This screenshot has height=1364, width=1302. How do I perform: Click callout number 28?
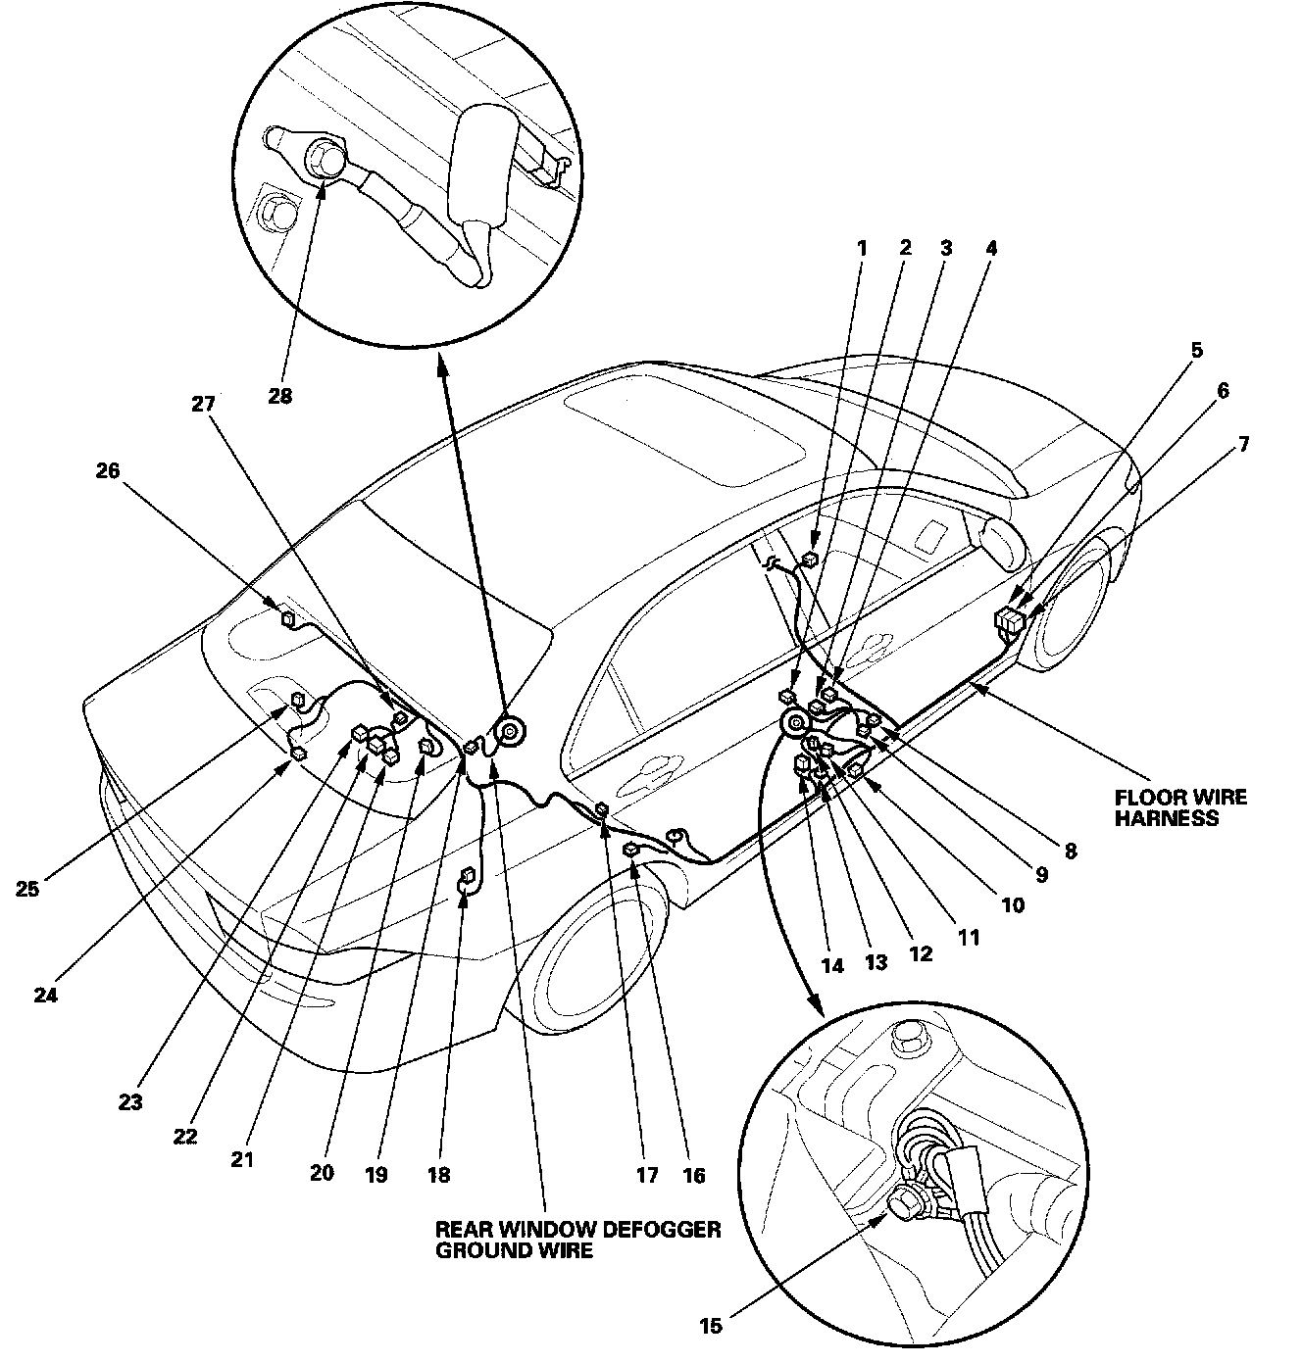(279, 397)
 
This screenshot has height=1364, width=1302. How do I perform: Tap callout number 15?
(711, 1326)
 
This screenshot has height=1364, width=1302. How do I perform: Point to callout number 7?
(1243, 444)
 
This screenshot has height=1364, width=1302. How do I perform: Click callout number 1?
(862, 248)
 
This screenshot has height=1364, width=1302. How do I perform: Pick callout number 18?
(439, 1174)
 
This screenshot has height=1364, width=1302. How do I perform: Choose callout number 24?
(46, 995)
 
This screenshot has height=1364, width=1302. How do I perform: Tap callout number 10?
(1013, 904)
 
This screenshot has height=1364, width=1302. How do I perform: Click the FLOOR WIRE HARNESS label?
(1180, 806)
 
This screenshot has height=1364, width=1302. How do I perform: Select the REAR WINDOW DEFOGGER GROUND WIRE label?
(578, 1239)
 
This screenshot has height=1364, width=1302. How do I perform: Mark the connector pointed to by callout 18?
(469, 875)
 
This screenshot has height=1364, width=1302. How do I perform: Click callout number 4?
(990, 248)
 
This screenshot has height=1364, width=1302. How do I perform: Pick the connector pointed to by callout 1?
(788, 697)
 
